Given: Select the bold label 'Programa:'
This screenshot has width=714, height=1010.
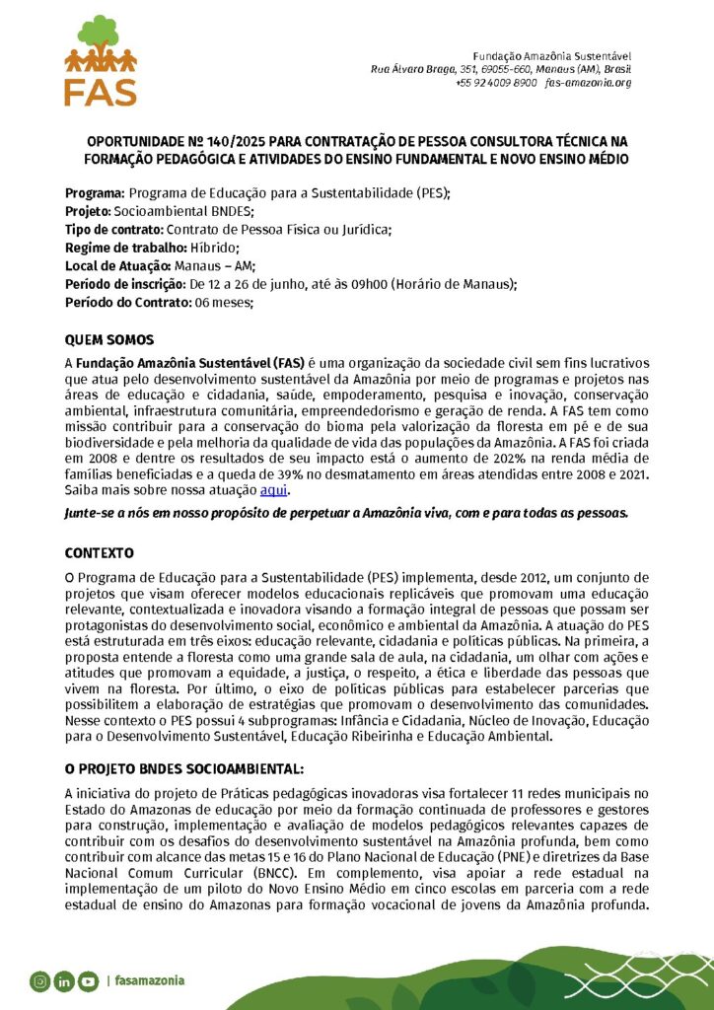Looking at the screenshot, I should click(x=95, y=193).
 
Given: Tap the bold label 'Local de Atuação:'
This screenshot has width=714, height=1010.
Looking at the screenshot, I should click(x=118, y=265).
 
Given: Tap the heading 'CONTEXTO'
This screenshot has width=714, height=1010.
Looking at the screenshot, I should click(x=99, y=552).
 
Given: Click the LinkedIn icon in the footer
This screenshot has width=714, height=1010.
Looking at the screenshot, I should click(x=64, y=981).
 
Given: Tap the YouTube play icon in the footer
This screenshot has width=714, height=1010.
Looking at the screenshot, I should click(x=89, y=981).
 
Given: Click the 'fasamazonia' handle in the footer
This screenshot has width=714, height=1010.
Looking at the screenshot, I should click(x=150, y=981).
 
